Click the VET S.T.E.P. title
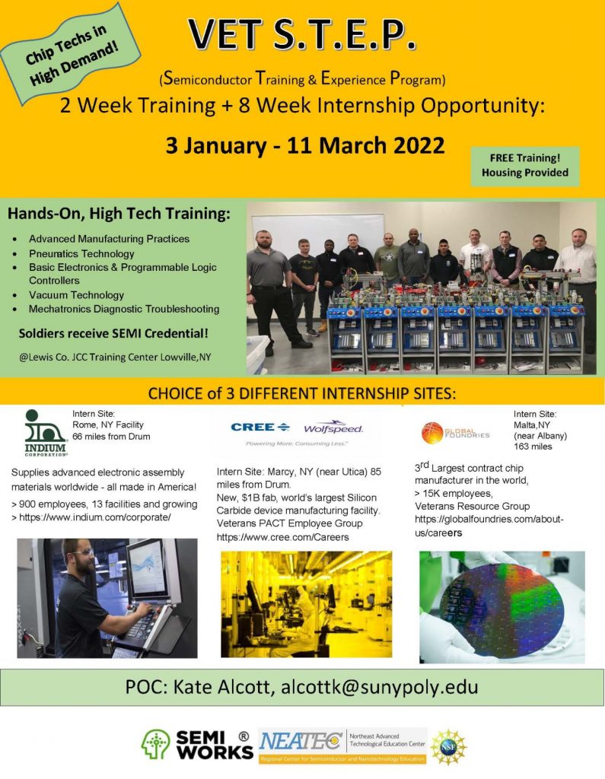302,35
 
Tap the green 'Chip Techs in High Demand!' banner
71,54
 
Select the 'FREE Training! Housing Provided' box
525,166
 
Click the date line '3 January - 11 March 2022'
304,145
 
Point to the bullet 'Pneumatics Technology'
81,253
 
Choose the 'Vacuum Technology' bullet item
76,294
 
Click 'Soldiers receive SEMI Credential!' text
113,333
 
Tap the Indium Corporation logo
45,433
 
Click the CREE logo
260,427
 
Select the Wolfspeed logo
333,428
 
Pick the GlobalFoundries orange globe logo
432,433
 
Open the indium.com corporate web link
94,517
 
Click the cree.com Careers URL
283,537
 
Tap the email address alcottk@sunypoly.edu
379,687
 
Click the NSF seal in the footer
448,747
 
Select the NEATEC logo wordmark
301,742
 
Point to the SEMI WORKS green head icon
155,744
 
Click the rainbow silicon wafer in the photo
502,611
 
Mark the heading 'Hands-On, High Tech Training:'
119,214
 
